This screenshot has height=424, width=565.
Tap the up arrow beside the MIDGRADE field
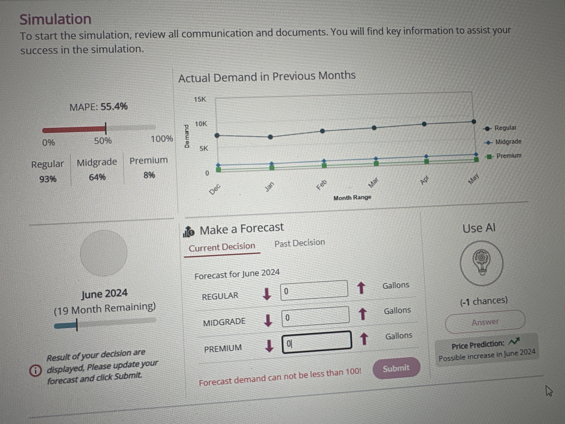click(x=362, y=314)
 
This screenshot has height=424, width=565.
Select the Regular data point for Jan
click(x=270, y=137)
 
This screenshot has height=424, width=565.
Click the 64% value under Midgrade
click(x=97, y=177)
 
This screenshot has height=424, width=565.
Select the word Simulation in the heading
click(x=55, y=19)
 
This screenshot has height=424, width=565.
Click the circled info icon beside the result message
click(x=35, y=370)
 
